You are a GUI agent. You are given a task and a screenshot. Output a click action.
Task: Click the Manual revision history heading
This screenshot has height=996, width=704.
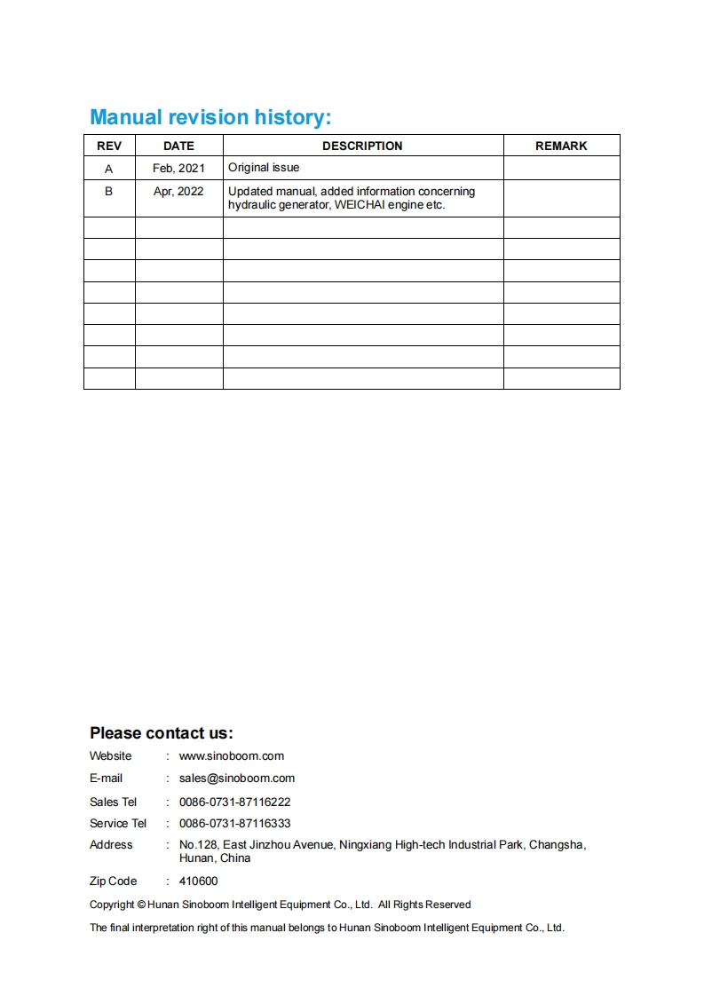(x=210, y=117)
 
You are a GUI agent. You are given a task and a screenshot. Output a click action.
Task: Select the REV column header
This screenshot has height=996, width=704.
(x=109, y=146)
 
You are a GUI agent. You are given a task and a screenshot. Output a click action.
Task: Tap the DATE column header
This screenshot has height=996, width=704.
(x=178, y=146)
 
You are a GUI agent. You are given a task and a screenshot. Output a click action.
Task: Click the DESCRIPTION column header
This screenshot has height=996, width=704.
(x=362, y=146)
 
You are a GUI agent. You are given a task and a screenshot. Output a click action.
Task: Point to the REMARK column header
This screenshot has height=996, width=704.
(x=561, y=146)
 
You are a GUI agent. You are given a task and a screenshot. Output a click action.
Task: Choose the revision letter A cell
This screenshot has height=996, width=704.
(x=109, y=168)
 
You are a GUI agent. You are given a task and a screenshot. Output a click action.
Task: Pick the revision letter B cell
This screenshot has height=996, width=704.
(x=109, y=191)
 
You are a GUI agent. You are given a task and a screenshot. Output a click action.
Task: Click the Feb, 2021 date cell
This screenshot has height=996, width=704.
(x=178, y=168)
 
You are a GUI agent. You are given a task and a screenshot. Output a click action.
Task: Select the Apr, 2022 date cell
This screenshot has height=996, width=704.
(x=178, y=191)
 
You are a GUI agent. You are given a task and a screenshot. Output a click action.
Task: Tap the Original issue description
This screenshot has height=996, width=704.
(x=264, y=168)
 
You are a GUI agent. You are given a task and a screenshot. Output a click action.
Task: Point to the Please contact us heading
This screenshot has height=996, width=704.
(x=161, y=733)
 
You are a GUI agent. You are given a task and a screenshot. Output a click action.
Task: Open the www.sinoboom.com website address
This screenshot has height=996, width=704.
(x=232, y=756)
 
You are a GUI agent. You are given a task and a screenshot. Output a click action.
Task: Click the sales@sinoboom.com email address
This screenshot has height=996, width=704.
(x=237, y=779)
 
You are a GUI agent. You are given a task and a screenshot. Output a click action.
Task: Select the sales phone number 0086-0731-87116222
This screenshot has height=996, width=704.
(x=235, y=802)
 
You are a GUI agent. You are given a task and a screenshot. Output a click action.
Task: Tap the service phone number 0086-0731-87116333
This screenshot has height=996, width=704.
(x=235, y=824)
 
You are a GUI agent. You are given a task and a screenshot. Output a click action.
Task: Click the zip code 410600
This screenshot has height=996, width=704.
(x=198, y=881)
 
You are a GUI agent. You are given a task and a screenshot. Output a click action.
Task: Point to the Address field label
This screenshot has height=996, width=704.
(x=111, y=845)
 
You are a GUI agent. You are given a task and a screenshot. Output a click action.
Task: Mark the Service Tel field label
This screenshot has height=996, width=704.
(x=118, y=824)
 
